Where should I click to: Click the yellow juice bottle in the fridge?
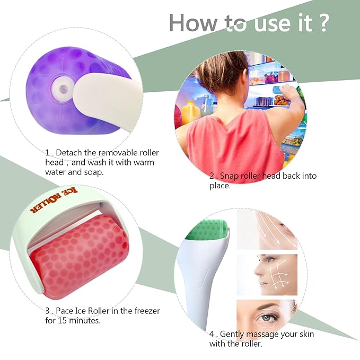coord(190,112)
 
